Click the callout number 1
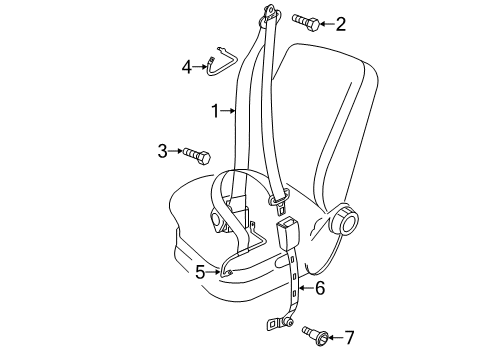pyautogui.click(x=215, y=111)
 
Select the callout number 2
pyautogui.click(x=340, y=24)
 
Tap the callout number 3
pyautogui.click(x=162, y=151)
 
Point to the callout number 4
pyautogui.click(x=187, y=67)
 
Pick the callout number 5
pyautogui.click(x=200, y=272)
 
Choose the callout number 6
pyautogui.click(x=320, y=288)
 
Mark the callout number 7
pyautogui.click(x=349, y=338)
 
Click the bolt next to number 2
pyautogui.click(x=306, y=22)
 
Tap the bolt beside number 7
pyautogui.click(x=316, y=335)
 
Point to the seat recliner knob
pyautogui.click(x=343, y=221)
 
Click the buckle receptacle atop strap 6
pyautogui.click(x=288, y=233)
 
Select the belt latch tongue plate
pyautogui.click(x=279, y=202)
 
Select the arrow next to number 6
pyautogui.click(x=306, y=288)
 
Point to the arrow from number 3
pyautogui.click(x=175, y=151)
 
